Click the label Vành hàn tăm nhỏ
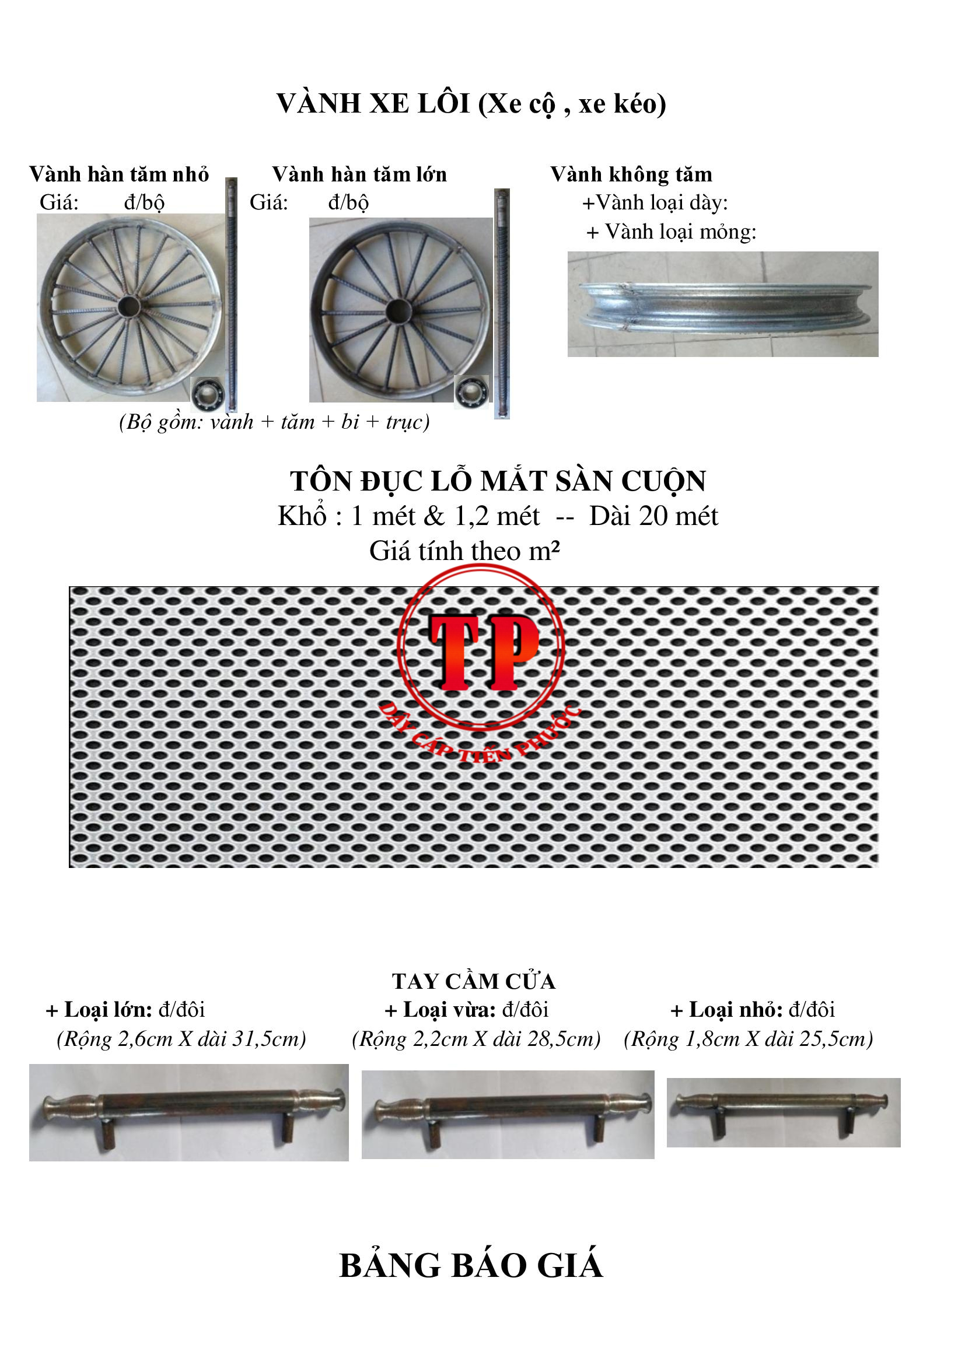(119, 174)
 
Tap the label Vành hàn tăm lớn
(359, 174)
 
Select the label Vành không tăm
(631, 174)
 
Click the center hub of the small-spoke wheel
(128, 307)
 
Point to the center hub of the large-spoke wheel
(399, 310)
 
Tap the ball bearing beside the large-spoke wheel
(471, 391)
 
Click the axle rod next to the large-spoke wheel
(502, 303)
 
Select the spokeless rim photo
(723, 304)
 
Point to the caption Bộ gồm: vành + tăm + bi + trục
(274, 422)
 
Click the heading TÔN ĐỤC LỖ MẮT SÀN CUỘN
(498, 482)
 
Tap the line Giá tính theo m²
(464, 551)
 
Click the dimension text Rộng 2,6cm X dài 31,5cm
(181, 1038)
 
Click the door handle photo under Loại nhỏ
(784, 1113)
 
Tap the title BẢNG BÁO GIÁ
(471, 1265)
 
